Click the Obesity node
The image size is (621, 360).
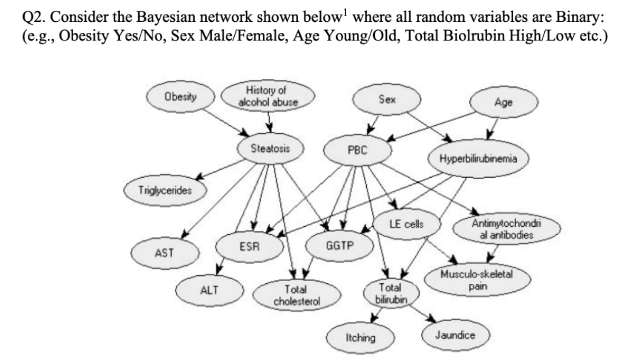pos(180,96)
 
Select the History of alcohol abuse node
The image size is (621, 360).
pos(269,96)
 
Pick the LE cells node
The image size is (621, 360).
pos(407,224)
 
